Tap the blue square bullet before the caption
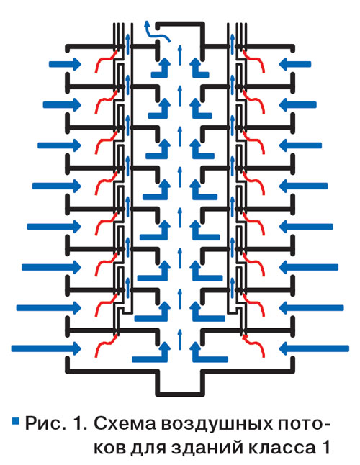tap(15, 421)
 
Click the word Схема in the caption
tap(125, 424)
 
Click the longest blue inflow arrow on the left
tap(46, 348)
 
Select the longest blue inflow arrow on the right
tap(315, 348)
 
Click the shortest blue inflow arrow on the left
tap(65, 64)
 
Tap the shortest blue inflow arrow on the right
tap(295, 64)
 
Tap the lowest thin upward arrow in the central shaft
tap(179, 340)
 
